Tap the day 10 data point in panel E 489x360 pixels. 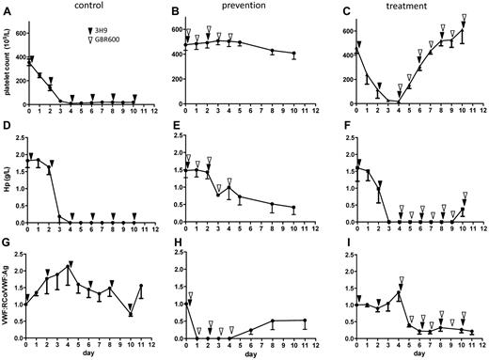[294, 208]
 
